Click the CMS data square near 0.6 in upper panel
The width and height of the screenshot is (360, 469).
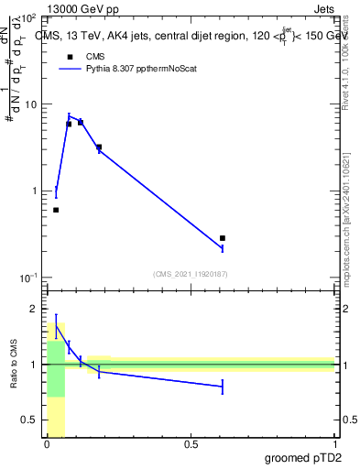(223, 238)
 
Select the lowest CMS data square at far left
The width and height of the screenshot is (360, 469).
(56, 210)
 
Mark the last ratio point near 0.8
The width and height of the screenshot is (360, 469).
(223, 387)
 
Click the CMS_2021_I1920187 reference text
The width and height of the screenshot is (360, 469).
(190, 273)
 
